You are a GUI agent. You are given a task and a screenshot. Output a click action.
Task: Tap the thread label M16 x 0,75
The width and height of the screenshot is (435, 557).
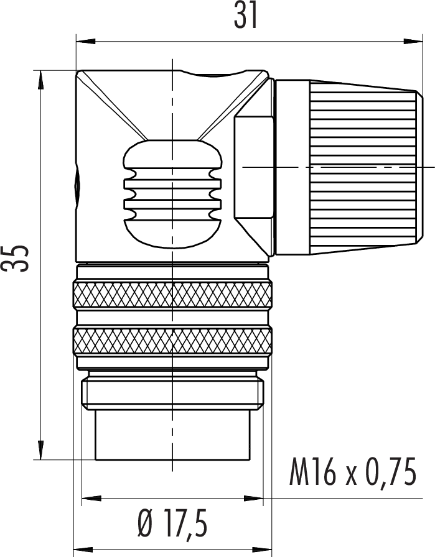point(352,472)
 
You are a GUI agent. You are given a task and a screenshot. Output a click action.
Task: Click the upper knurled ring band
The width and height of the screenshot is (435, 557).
point(172,295)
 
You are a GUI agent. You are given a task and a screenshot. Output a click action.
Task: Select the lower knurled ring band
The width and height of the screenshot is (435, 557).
point(172,341)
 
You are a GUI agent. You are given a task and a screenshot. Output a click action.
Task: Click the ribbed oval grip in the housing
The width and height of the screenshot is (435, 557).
point(172,194)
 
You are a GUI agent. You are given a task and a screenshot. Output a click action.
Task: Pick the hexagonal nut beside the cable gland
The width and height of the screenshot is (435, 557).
point(254,167)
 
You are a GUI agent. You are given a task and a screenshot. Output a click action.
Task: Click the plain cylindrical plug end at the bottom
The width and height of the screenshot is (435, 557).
point(173,435)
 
